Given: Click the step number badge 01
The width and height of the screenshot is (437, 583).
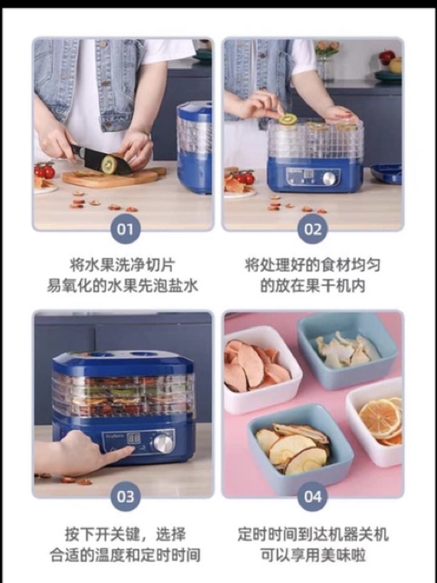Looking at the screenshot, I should (x=125, y=227).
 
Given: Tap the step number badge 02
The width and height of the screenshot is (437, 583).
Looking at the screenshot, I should (x=312, y=227).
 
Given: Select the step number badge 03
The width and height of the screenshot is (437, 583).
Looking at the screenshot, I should (x=125, y=496).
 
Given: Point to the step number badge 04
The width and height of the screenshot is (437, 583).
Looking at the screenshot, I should (x=312, y=496).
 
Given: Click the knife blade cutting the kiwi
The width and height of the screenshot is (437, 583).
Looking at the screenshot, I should (x=91, y=160).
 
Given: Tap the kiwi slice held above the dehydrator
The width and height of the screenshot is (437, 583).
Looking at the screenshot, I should (x=289, y=119).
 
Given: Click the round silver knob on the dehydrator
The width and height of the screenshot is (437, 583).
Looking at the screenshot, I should (x=163, y=443).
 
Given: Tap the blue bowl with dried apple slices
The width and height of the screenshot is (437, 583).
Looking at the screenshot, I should (x=288, y=446).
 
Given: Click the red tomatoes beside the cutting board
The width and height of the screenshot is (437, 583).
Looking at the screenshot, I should (x=44, y=170).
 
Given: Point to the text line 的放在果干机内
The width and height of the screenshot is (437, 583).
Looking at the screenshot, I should (x=311, y=285).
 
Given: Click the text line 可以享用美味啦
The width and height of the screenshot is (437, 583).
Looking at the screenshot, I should (x=311, y=555).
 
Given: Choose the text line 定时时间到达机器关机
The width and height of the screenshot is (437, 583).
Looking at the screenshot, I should (x=311, y=534).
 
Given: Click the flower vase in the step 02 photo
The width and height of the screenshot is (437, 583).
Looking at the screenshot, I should (x=326, y=59).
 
